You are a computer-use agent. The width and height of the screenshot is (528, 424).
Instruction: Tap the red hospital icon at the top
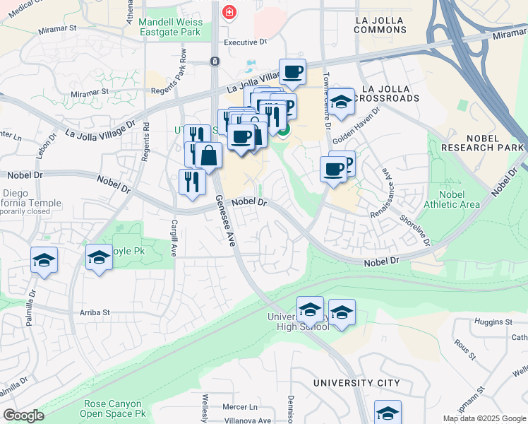pos(229,12)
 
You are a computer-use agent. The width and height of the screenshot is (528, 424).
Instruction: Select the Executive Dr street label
pos(245,42)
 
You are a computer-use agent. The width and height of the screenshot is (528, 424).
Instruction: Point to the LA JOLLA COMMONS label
pos(380,23)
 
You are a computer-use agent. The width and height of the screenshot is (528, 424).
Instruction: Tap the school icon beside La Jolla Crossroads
pos(341,102)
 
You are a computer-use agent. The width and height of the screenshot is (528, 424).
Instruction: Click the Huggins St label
pos(493,323)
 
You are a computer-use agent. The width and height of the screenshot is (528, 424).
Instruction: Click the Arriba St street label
pos(95,312)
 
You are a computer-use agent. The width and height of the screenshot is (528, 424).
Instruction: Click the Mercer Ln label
pos(240,407)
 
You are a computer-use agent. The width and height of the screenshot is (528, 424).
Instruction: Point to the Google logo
pos(23,416)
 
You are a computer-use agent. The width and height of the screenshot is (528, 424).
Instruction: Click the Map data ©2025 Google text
pos(484,418)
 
